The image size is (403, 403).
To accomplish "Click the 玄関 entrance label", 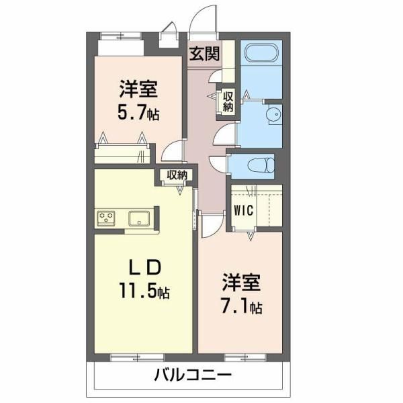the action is pyautogui.click(x=204, y=54).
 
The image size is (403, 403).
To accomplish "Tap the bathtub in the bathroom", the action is pyautogui.click(x=261, y=52).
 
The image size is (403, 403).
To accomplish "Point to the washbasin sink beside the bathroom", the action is pyautogui.click(x=274, y=114).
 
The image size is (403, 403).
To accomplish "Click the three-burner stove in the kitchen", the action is pyautogui.click(x=106, y=218).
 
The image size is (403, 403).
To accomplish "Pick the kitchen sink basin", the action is pyautogui.click(x=139, y=218).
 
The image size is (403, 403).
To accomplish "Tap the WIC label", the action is pyautogui.click(x=243, y=210).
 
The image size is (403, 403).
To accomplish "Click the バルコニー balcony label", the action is pyautogui.click(x=193, y=375).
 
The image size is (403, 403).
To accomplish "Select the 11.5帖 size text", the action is pyautogui.click(x=144, y=290).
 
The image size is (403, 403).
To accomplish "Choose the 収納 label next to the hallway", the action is pyautogui.click(x=228, y=102).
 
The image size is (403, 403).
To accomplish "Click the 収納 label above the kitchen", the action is pyautogui.click(x=177, y=175).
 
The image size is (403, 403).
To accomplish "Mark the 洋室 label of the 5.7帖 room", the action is pyautogui.click(x=138, y=89).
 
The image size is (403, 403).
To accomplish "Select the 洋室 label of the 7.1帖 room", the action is pyautogui.click(x=242, y=283).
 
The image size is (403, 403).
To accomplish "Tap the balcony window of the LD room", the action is pyautogui.click(x=137, y=357).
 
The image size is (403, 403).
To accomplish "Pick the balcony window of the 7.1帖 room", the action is pyautogui.click(x=245, y=357).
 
